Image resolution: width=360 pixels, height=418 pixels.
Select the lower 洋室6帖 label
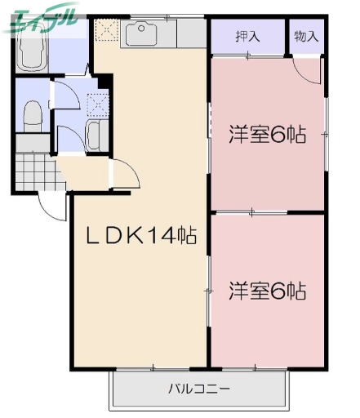tap(267, 290)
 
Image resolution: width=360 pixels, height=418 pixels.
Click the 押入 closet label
tap(247, 36)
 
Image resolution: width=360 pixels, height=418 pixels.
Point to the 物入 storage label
tap(306, 36)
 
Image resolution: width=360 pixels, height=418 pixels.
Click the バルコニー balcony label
tap(199, 388)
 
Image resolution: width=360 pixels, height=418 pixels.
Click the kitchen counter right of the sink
tap(193, 33)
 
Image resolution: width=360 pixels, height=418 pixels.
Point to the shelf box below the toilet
tap(33, 144)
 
